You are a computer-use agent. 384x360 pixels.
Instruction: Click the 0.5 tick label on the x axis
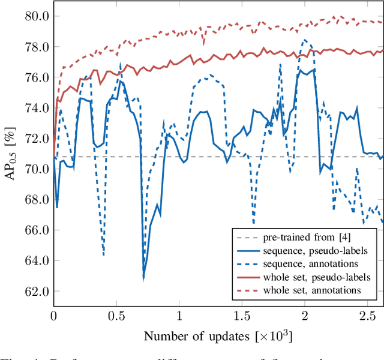(116, 316)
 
